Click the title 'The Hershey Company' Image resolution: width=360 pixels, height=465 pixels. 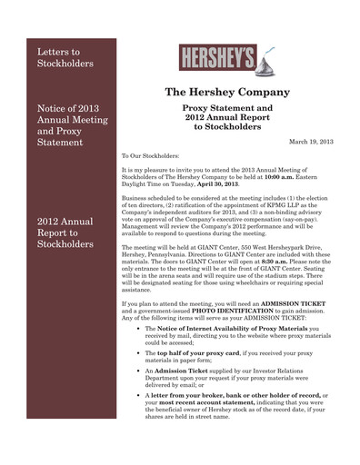click(227, 93)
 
